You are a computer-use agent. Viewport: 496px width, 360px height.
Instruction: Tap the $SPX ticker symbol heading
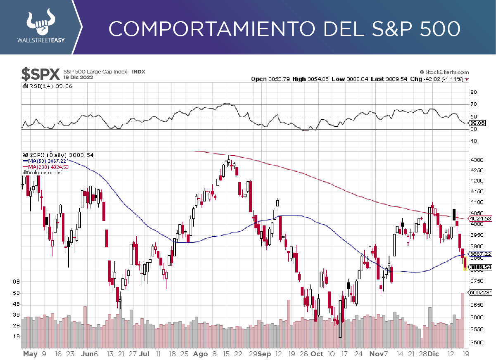click(x=40, y=74)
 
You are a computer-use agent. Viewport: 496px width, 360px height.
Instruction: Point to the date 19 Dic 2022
click(x=78, y=78)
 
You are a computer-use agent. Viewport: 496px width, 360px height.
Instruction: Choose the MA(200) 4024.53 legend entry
click(x=46, y=167)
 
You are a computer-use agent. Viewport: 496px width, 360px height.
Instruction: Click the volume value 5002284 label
click(x=480, y=293)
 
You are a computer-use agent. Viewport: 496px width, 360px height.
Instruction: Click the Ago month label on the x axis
click(x=200, y=354)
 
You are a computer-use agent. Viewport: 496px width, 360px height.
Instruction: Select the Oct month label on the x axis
click(x=317, y=354)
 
